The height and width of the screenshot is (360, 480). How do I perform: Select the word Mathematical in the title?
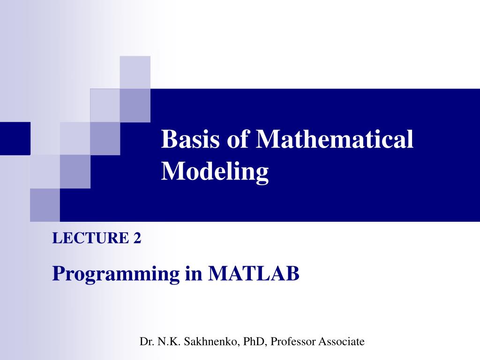335,140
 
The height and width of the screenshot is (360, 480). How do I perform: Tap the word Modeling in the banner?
215,172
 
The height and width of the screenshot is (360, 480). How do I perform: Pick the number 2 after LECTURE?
137,239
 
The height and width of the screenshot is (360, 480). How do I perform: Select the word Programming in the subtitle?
116,273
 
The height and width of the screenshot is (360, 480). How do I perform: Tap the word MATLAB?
253,273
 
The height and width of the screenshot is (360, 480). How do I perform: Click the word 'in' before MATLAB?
194,273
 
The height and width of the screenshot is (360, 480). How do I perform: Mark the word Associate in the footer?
341,342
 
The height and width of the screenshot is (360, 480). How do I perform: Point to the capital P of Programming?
58,273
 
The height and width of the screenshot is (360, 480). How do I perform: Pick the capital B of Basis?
168,140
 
